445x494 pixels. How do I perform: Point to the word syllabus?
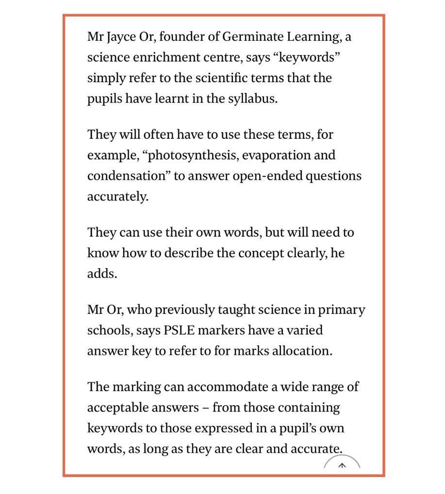pos(252,99)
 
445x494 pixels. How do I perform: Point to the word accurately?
pos(117,197)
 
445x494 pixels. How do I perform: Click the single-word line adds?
pos(102,273)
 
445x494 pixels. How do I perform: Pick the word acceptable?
pos(119,408)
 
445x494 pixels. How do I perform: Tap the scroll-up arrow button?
pos(342,465)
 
